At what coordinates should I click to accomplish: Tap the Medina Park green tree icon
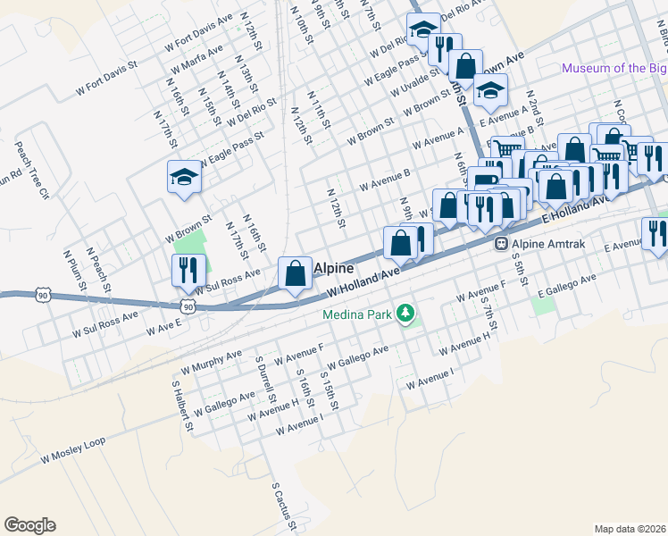tap(406, 314)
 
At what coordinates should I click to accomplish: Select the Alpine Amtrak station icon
tap(502, 242)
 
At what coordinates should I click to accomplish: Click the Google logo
tap(29, 525)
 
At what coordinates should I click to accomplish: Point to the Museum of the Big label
tap(614, 69)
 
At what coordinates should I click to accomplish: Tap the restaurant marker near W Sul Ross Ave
tap(188, 270)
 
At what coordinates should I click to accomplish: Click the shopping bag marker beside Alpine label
tap(295, 274)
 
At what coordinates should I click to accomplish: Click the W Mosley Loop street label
tap(73, 455)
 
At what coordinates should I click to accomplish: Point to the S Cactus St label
tap(284, 508)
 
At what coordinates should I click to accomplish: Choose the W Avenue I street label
tap(430, 380)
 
